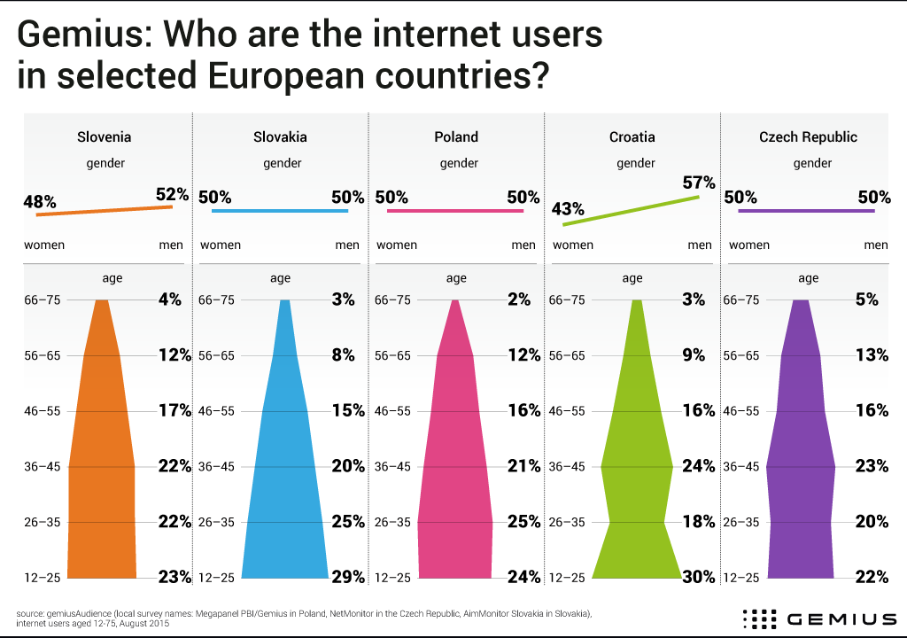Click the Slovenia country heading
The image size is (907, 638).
[x=105, y=137]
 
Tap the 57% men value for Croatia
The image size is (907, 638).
[x=698, y=183]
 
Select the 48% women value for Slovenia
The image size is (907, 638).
[x=39, y=202]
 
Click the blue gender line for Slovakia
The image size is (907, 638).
[x=280, y=211]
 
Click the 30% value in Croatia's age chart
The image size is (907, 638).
[x=699, y=578]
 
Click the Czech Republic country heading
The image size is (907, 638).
[x=808, y=137]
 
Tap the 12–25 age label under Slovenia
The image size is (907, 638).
[x=43, y=578]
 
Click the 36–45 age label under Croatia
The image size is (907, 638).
[x=569, y=467]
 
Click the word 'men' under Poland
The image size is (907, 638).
[x=523, y=245]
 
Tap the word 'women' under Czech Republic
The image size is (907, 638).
[x=748, y=245]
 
